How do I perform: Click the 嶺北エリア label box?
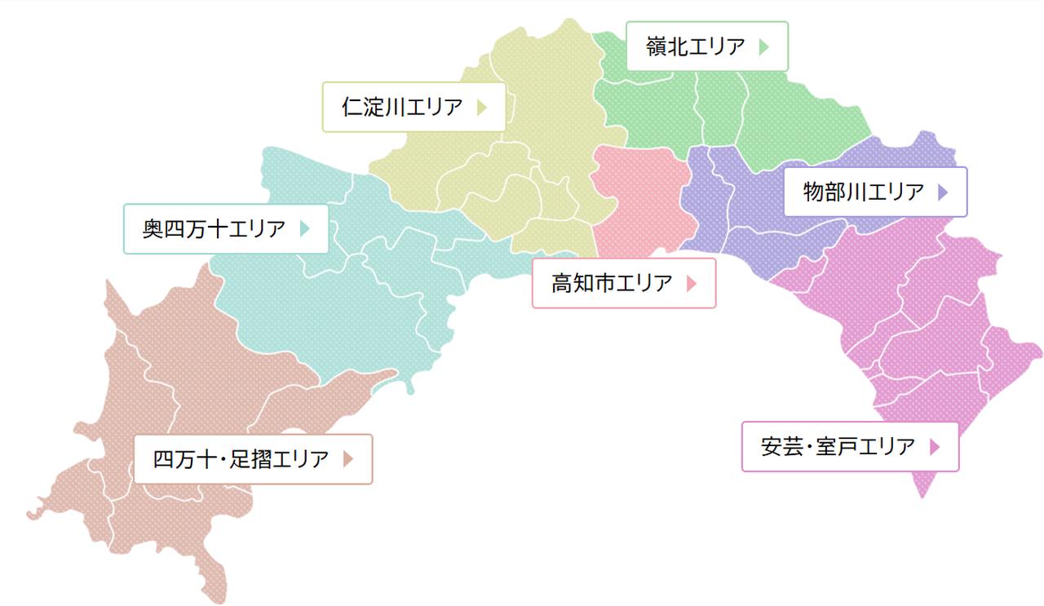(706, 46)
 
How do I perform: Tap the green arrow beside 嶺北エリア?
(763, 46)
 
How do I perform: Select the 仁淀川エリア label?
(414, 107)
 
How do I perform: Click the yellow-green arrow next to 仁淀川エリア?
(481, 107)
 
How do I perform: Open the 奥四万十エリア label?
(226, 228)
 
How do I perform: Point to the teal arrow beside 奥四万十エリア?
(305, 228)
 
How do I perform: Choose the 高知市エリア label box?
(623, 283)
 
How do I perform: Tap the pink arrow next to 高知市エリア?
(692, 283)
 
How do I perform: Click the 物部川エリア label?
(874, 192)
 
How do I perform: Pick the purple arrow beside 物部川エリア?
(944, 192)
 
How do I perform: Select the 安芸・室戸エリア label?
(849, 446)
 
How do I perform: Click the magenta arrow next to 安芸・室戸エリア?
(935, 447)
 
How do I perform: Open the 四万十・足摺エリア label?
(252, 458)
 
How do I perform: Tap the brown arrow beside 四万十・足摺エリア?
(348, 459)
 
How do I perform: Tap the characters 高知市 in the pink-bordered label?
(582, 283)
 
